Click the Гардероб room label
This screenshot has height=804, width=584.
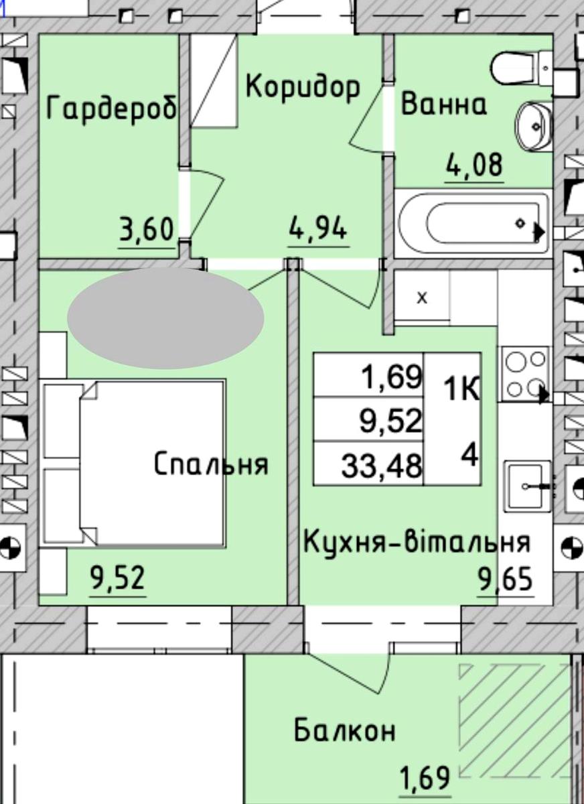[x=112, y=107]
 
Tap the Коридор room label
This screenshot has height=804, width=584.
[x=303, y=88]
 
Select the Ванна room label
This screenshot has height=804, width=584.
[x=444, y=104]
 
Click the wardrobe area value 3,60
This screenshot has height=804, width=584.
[x=147, y=230]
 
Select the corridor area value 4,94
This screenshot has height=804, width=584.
[x=318, y=229]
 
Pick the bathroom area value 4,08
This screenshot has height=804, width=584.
[x=474, y=165]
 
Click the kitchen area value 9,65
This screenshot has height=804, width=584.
[x=505, y=580]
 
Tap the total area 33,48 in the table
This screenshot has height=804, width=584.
[x=381, y=466]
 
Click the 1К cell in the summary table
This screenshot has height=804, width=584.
[x=461, y=389]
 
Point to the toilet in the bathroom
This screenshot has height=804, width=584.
[x=521, y=69]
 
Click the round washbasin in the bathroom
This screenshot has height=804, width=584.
[x=533, y=127]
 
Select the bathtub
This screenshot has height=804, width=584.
[x=472, y=223]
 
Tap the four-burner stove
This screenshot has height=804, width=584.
[x=523, y=374]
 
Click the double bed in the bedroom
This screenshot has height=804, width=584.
[x=133, y=464]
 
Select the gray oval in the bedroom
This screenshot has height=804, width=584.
[x=165, y=318]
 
